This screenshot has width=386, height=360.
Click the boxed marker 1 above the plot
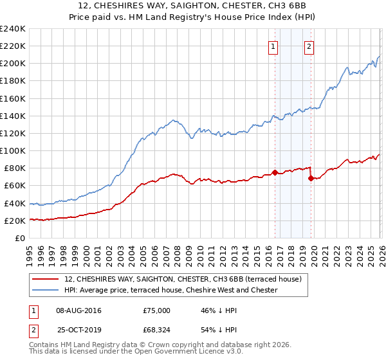[273, 46]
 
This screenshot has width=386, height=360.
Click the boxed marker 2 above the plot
[309, 46]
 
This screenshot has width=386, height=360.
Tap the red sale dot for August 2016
[275, 172]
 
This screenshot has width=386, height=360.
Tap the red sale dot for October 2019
[311, 178]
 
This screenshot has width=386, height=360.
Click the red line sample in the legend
[46, 279]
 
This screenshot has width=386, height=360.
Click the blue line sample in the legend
[46, 290]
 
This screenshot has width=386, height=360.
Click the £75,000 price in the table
[157, 310]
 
